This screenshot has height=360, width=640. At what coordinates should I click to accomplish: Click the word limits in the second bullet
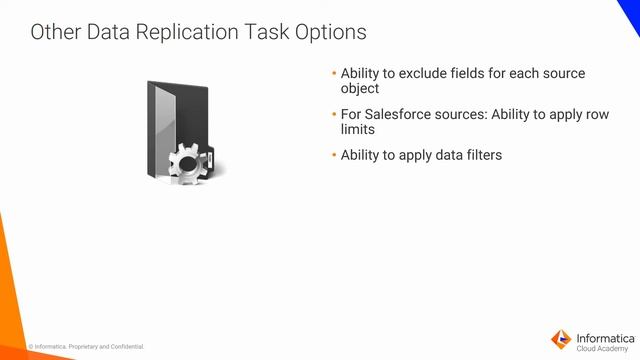point(357,129)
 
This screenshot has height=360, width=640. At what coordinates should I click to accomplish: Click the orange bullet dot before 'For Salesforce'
point(334,115)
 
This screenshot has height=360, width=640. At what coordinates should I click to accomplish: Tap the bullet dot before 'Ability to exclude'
point(334,74)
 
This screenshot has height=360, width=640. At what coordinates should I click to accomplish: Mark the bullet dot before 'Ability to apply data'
point(334,155)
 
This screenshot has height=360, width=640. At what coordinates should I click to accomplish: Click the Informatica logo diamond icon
point(562,338)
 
